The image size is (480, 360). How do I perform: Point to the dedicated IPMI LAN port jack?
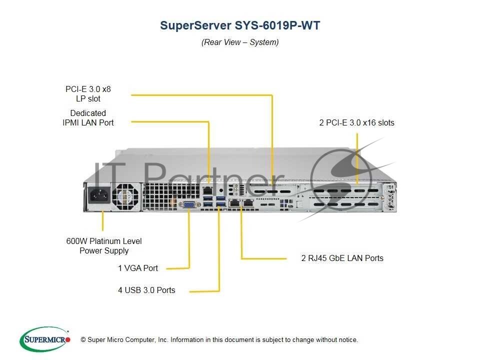click(x=208, y=190)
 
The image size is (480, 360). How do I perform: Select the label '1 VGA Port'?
click(x=138, y=268)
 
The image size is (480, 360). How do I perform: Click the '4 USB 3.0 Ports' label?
click(x=146, y=290)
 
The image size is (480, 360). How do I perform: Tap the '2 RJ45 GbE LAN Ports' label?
click(x=342, y=258)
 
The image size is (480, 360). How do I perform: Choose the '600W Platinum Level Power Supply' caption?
click(x=104, y=246)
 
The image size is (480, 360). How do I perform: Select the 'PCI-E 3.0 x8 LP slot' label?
click(x=88, y=94)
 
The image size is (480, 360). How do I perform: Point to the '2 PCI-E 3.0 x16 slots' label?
click(x=356, y=122)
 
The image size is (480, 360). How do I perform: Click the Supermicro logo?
click(x=44, y=339)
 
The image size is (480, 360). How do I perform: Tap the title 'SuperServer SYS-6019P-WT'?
click(x=239, y=25)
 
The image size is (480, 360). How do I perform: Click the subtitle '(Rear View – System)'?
click(x=239, y=42)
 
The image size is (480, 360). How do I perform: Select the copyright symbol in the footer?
click(x=83, y=340)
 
